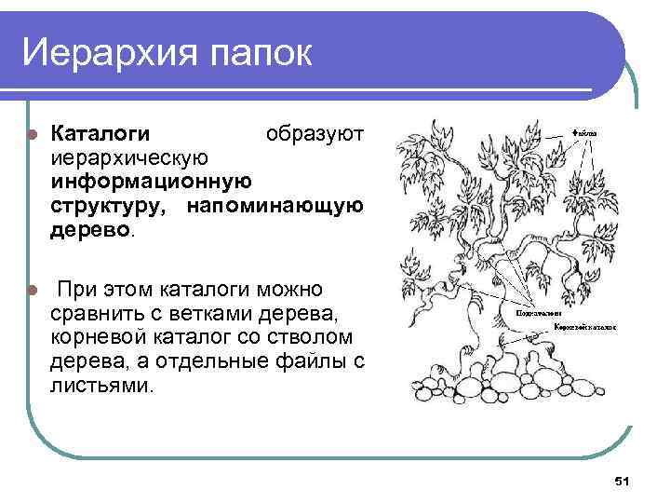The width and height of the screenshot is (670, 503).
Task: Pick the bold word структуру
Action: pyautogui.click(x=110, y=204)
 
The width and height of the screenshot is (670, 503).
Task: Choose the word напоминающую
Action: pyautogui.click(x=275, y=204)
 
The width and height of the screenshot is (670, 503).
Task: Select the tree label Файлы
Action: pyautogui.click(x=585, y=133)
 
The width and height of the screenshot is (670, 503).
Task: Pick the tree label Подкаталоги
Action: pyautogui.click(x=540, y=315)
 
